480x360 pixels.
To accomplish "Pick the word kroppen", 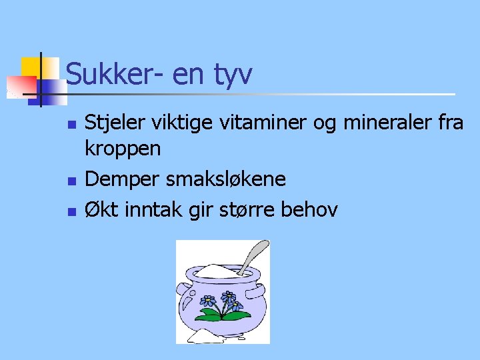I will click(123, 149).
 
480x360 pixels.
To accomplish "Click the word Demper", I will click(121, 179).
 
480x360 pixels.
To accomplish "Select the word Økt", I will click(101, 210).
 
